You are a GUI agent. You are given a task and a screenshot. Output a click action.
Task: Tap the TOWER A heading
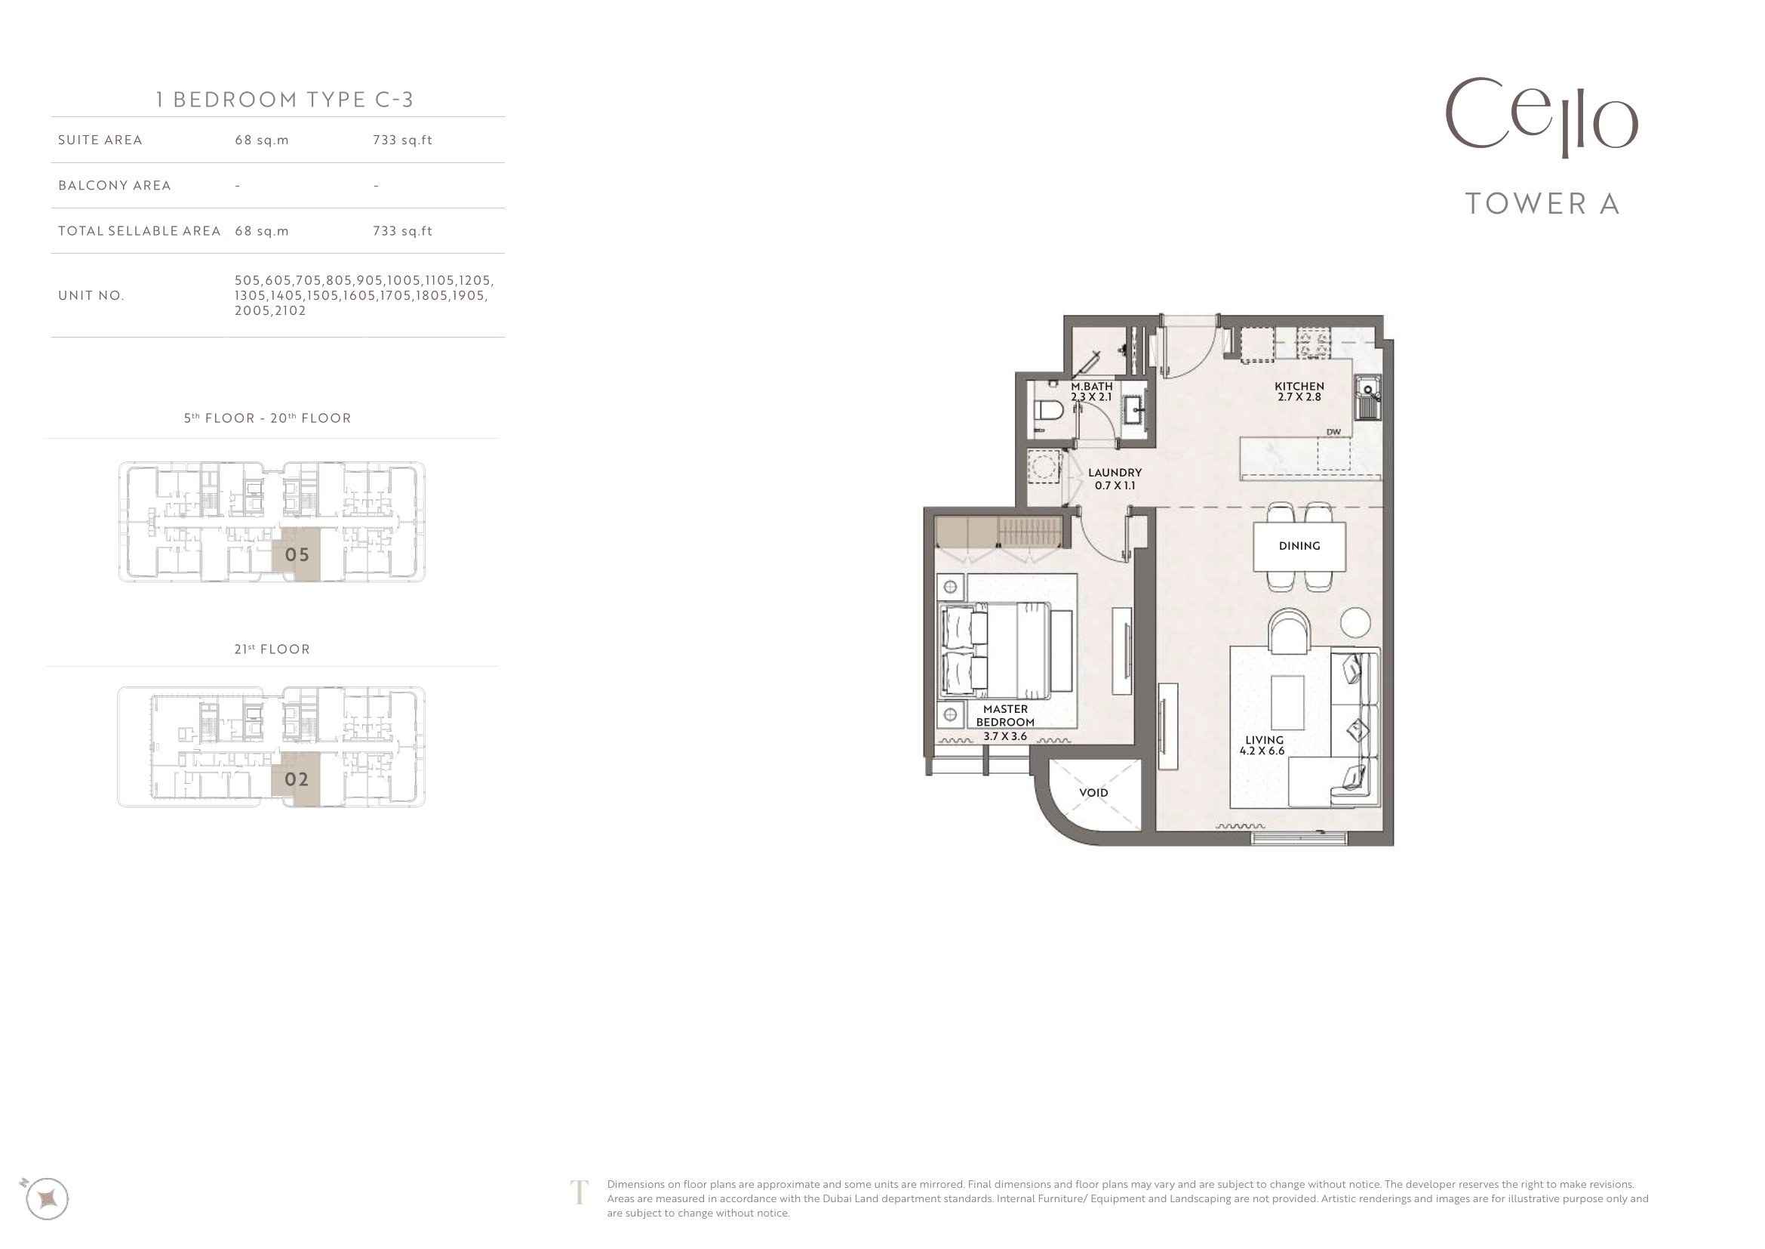(1543, 204)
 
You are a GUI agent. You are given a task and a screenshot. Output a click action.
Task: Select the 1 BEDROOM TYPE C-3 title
(285, 99)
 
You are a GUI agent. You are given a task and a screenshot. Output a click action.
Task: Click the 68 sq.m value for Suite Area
(262, 140)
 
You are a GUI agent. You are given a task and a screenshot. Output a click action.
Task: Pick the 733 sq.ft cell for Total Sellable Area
(403, 231)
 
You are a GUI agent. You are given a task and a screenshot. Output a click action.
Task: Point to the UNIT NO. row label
(91, 295)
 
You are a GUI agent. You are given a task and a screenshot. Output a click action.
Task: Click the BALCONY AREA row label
(115, 185)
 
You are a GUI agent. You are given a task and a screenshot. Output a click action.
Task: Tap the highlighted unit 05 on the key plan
(297, 554)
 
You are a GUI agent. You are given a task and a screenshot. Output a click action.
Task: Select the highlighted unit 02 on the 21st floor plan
(297, 779)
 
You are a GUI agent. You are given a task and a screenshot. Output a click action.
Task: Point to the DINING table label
(1299, 546)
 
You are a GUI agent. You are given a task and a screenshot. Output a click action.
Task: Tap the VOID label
(1093, 793)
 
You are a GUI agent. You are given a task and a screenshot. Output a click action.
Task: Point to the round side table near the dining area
(1355, 621)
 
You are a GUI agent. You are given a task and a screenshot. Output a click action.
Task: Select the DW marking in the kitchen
(1333, 432)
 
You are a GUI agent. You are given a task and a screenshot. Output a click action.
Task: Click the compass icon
(47, 1198)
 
